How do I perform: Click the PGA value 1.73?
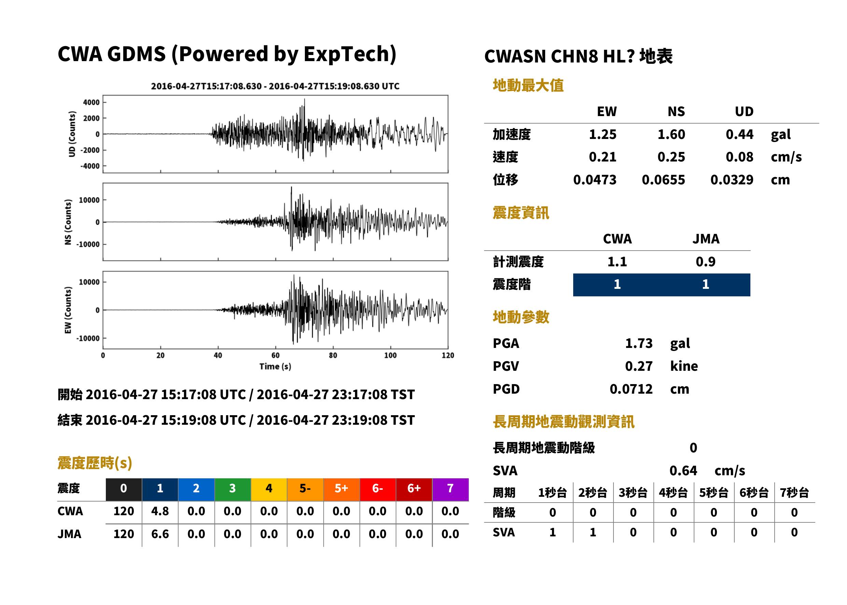pyautogui.click(x=638, y=343)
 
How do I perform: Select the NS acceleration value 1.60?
pyautogui.click(x=671, y=134)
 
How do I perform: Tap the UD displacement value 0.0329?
pyautogui.click(x=732, y=180)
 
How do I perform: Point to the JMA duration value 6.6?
pyautogui.click(x=160, y=534)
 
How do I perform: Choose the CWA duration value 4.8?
pyautogui.click(x=160, y=511)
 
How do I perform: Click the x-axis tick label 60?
pyautogui.click(x=275, y=355)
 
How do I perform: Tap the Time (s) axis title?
pyautogui.click(x=275, y=367)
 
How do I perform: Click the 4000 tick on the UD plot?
pyautogui.click(x=91, y=102)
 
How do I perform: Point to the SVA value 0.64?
pyautogui.click(x=683, y=470)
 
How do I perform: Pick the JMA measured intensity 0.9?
pyautogui.click(x=705, y=262)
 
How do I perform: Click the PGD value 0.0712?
pyautogui.click(x=631, y=389)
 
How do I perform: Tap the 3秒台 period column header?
pyautogui.click(x=633, y=492)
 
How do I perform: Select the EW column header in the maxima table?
pyautogui.click(x=606, y=111)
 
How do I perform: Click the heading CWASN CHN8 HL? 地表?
pyautogui.click(x=578, y=56)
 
